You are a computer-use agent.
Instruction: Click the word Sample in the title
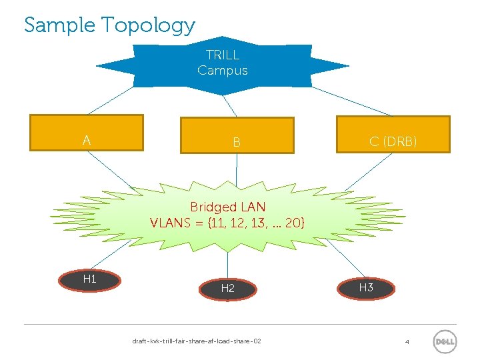coord(61,25)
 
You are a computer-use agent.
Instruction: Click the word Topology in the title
coord(148,26)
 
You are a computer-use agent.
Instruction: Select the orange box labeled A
coord(87,133)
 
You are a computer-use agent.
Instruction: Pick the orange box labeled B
coord(237,136)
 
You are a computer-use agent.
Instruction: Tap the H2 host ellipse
coord(228,288)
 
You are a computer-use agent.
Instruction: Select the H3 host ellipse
coord(366,287)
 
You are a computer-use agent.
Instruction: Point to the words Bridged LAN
coord(227,207)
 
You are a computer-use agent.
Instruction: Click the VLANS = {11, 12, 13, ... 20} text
coord(227,223)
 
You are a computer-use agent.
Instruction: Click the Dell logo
coord(445,341)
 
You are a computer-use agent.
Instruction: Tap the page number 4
coord(407,342)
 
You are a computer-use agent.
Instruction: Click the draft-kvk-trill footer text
coord(197,341)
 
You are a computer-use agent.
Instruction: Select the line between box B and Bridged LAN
coord(237,170)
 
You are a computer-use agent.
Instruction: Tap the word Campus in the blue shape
coord(223,71)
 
